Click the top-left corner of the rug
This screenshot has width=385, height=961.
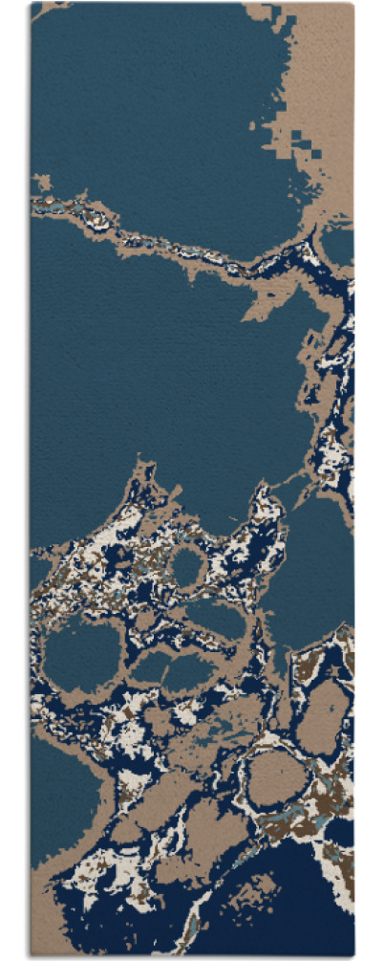coord(32,4)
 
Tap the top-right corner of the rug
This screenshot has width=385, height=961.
coord(353,4)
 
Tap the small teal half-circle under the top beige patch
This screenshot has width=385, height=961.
coord(339,244)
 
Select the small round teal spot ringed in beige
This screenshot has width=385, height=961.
coord(187,568)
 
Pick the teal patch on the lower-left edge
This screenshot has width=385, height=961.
coord(57,794)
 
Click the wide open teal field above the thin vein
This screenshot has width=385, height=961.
coord(143,96)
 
